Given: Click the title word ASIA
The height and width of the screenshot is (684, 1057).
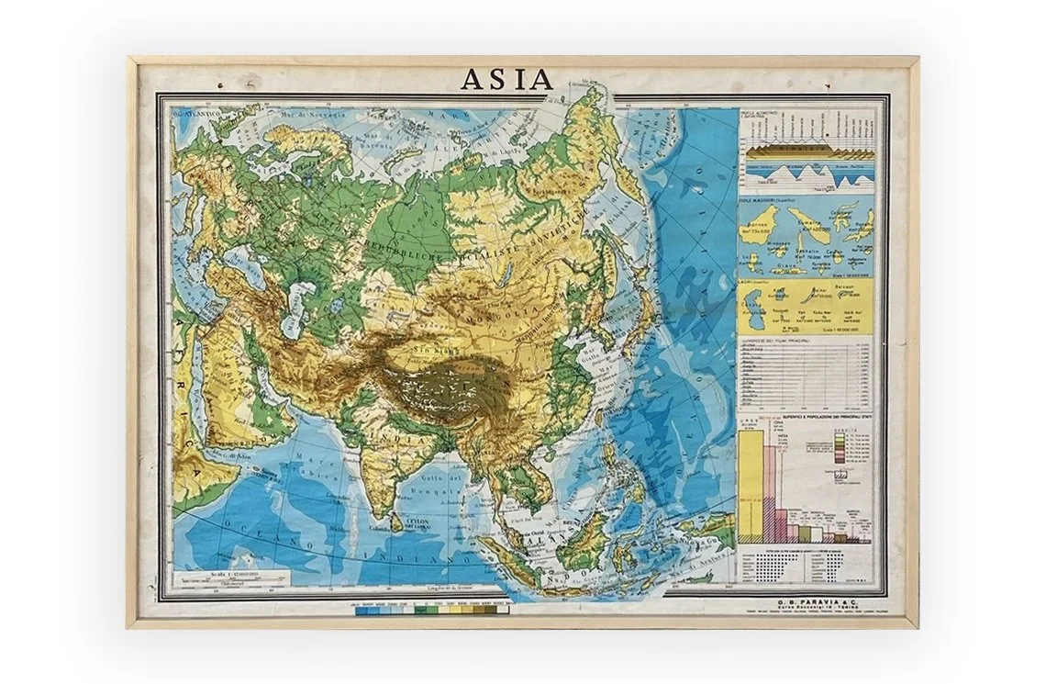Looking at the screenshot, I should [x=506, y=80].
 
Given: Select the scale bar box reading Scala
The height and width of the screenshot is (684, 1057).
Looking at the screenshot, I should [x=234, y=578].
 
